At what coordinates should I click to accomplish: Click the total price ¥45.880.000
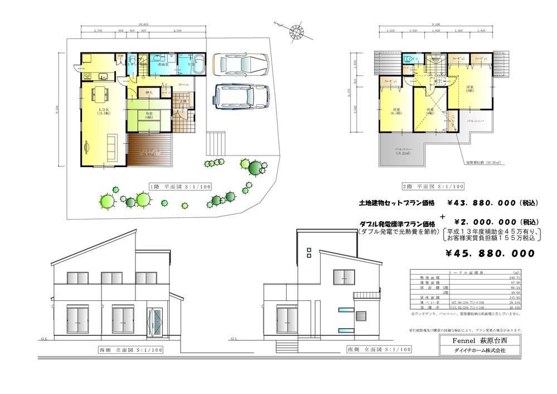tap(490, 253)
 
